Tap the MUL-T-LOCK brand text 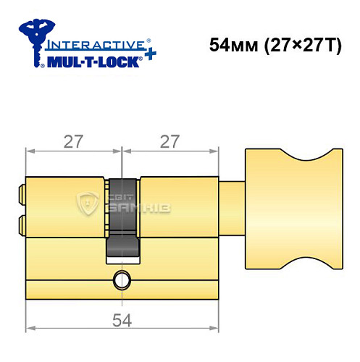coord(95,62)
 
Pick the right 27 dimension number coord(169,142)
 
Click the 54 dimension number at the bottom coord(121,317)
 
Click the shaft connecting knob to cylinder coord(231,208)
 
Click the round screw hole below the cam coord(122,279)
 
